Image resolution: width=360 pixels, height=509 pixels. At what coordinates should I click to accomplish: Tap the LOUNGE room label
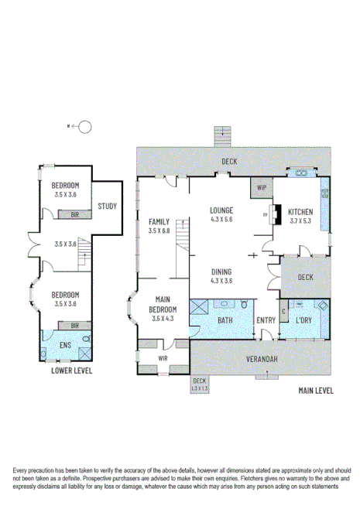[222, 210]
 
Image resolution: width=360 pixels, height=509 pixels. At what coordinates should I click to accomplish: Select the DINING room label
[222, 272]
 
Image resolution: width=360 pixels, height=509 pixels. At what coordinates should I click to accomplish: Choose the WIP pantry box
[259, 187]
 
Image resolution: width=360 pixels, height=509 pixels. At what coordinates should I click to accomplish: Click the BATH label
[225, 320]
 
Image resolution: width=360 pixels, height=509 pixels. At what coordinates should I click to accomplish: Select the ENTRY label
[266, 320]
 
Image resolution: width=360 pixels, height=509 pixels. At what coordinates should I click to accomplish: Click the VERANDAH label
[263, 360]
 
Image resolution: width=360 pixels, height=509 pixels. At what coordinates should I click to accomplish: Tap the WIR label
[163, 358]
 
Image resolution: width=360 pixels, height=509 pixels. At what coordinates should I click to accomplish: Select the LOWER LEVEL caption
[71, 371]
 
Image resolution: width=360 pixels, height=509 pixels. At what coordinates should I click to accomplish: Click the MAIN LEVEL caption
[315, 391]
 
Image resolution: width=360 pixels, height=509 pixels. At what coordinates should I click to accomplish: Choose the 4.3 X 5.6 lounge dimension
[222, 219]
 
